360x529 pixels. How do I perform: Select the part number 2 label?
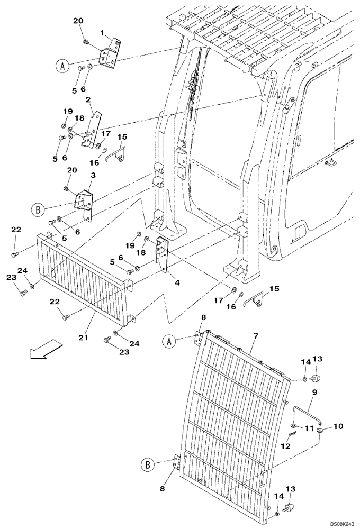(87, 99)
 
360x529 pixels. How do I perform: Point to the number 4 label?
(177, 283)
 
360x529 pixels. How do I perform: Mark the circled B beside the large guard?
(149, 466)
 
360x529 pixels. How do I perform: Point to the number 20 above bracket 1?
(78, 21)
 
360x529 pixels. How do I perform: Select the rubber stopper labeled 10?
(321, 432)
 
